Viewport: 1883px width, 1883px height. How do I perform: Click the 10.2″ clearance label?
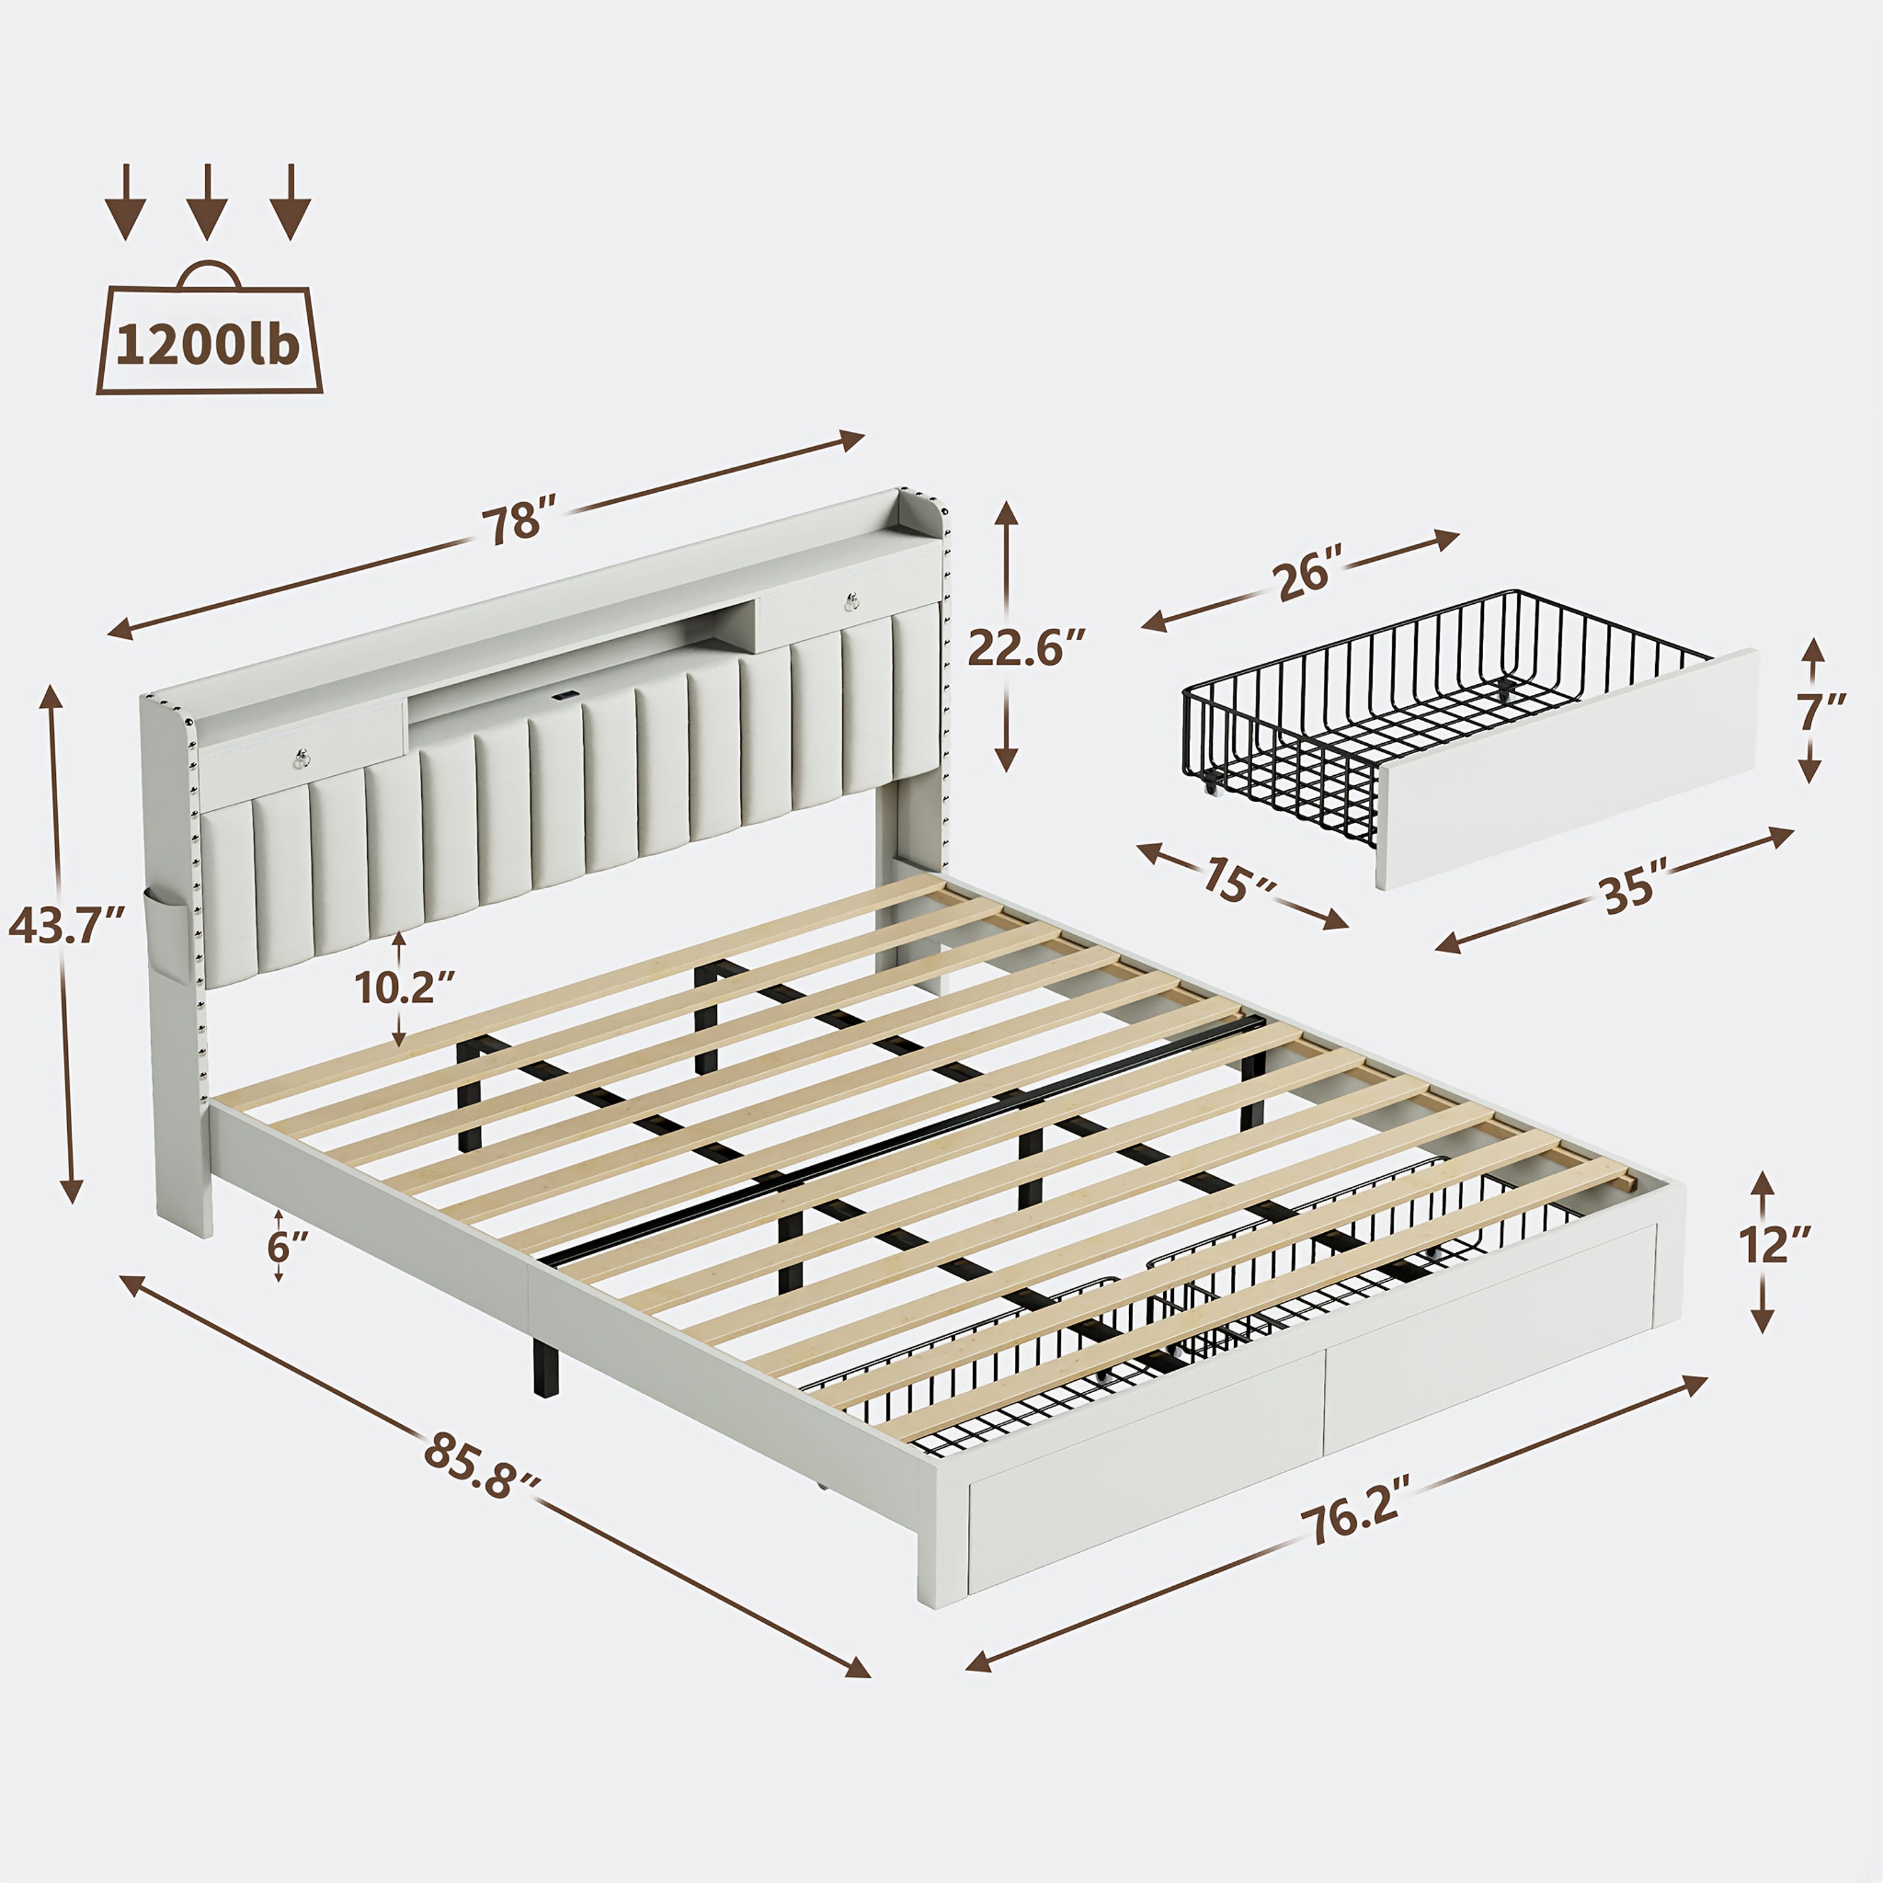click(404, 987)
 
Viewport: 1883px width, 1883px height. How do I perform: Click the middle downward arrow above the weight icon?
click(207, 201)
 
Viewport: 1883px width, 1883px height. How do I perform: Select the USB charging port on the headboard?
click(562, 697)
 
